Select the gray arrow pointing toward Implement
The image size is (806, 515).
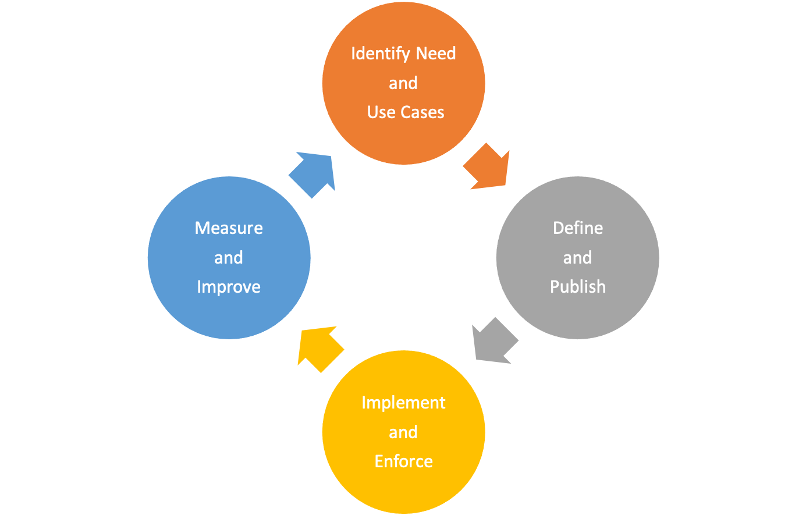coord(493,342)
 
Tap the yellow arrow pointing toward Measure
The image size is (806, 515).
coord(318,348)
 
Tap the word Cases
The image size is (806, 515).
coord(422,112)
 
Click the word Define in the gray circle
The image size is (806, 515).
coord(577,228)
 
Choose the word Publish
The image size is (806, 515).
coord(577,287)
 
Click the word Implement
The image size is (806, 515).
coord(403,403)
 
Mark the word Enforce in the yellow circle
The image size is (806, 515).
coord(403,461)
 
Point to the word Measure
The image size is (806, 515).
coord(229,228)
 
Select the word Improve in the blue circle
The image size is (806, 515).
coord(229,287)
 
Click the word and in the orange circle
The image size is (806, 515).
coord(403,83)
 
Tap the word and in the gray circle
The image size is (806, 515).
coord(577,258)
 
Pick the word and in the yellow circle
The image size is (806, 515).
coord(403,432)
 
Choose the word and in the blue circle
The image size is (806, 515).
coord(229,258)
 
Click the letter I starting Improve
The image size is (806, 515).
coord(199,286)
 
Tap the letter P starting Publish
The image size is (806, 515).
coord(555,286)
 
